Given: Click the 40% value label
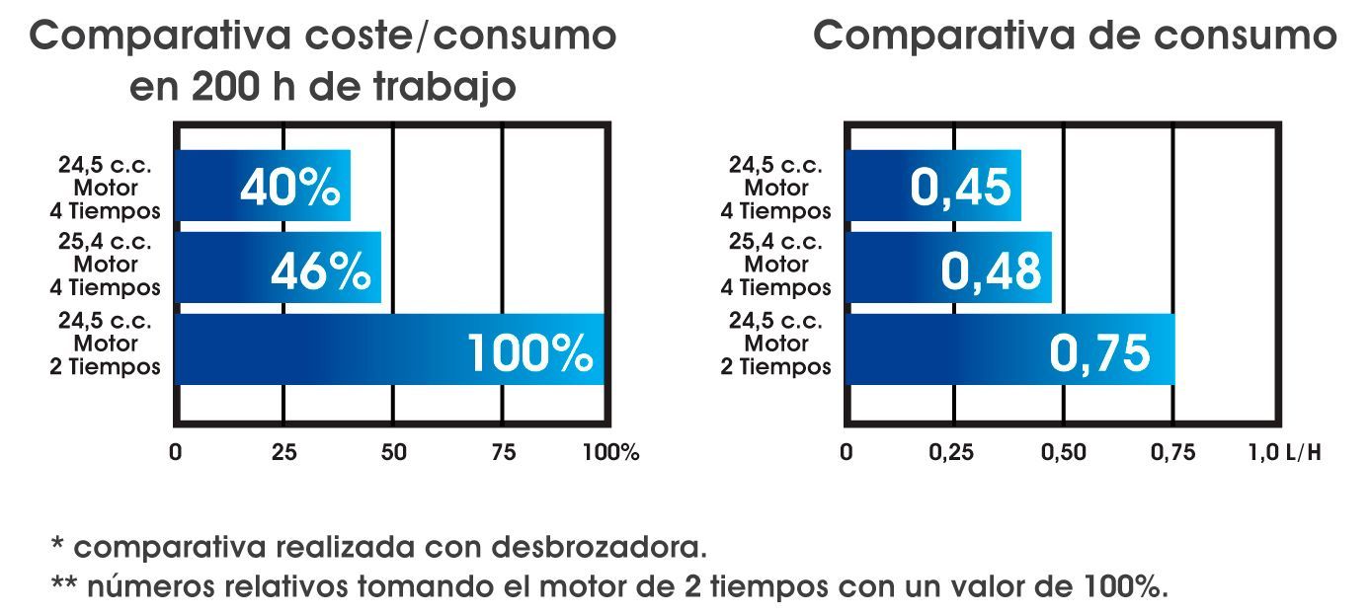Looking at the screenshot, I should (x=289, y=187).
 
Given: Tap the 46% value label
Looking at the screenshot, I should (x=320, y=270).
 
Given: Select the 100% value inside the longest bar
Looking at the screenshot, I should (x=529, y=353).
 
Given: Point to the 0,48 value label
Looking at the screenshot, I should (x=991, y=270).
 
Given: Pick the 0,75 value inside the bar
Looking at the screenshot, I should (x=1099, y=353).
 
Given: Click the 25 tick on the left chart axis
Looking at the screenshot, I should (x=283, y=453).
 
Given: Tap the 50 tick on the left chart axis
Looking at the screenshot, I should (x=393, y=453).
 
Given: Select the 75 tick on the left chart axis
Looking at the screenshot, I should (x=503, y=453).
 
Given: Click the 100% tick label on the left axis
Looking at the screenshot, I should (x=611, y=453).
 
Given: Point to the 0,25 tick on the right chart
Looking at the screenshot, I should (x=952, y=453).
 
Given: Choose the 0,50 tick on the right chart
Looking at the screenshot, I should (x=1063, y=453).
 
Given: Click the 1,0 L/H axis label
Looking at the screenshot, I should (x=1285, y=453).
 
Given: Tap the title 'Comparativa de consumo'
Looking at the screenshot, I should (x=1075, y=37).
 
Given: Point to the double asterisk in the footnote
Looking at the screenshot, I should (x=64, y=584).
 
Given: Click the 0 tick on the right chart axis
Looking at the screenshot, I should (x=846, y=453).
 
